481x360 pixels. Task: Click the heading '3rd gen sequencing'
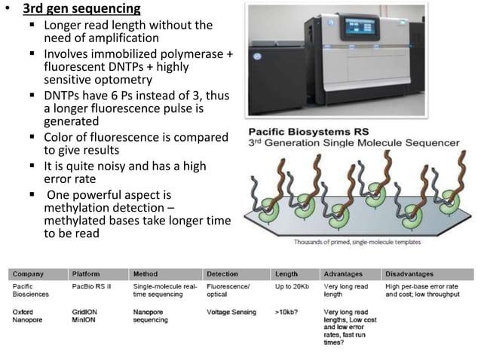pyautogui.click(x=81, y=10)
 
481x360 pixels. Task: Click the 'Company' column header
pyautogui.click(x=28, y=274)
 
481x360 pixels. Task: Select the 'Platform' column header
pyautogui.click(x=87, y=274)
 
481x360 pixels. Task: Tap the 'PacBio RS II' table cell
pyautogui.click(x=93, y=286)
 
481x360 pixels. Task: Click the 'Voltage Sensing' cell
pyautogui.click(x=230, y=312)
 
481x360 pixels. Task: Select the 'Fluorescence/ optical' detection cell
pyautogui.click(x=227, y=290)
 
